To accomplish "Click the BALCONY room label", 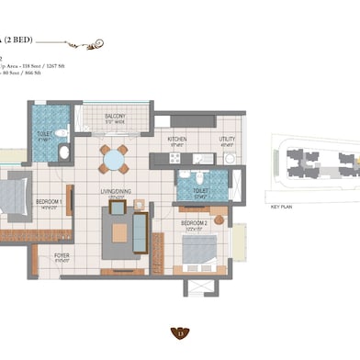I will point(115,118).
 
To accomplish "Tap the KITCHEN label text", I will point(177,140).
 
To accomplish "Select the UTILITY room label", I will point(227,140).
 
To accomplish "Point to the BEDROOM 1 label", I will point(49,202).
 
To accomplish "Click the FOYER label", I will point(62,256).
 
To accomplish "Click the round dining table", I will point(115,160).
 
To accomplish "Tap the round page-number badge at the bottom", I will point(180,333).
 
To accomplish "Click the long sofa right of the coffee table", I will point(140,226).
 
